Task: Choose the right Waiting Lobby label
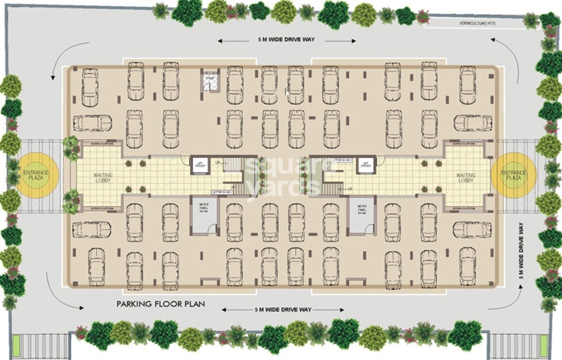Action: (x=466, y=178)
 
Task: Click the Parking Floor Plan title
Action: (x=161, y=304)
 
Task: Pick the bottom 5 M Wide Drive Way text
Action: (x=283, y=310)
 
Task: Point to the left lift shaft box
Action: (x=200, y=165)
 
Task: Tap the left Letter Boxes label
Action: (x=222, y=192)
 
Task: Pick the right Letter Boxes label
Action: (x=341, y=160)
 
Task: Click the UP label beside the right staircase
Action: (x=350, y=189)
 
